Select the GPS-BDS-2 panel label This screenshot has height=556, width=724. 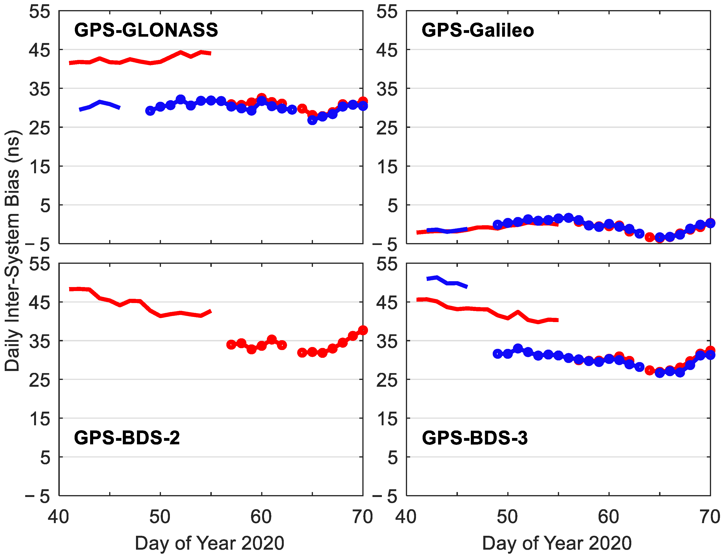tap(127, 438)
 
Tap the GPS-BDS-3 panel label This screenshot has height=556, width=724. tap(475, 438)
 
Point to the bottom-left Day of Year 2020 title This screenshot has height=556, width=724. tap(209, 543)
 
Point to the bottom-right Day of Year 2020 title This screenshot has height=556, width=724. tap(557, 543)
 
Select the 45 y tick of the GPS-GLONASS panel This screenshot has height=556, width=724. tap(40, 50)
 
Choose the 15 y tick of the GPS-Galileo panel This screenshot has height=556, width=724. tap(387, 166)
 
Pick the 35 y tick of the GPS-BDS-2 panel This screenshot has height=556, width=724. tap(40, 341)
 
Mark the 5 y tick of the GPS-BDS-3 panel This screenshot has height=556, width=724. tap(392, 458)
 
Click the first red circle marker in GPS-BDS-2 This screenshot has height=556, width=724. tap(231, 344)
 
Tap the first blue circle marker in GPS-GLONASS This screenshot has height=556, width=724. tap(150, 111)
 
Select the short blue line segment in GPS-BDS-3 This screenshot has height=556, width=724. tap(447, 282)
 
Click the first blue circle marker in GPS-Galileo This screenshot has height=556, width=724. tap(497, 225)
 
